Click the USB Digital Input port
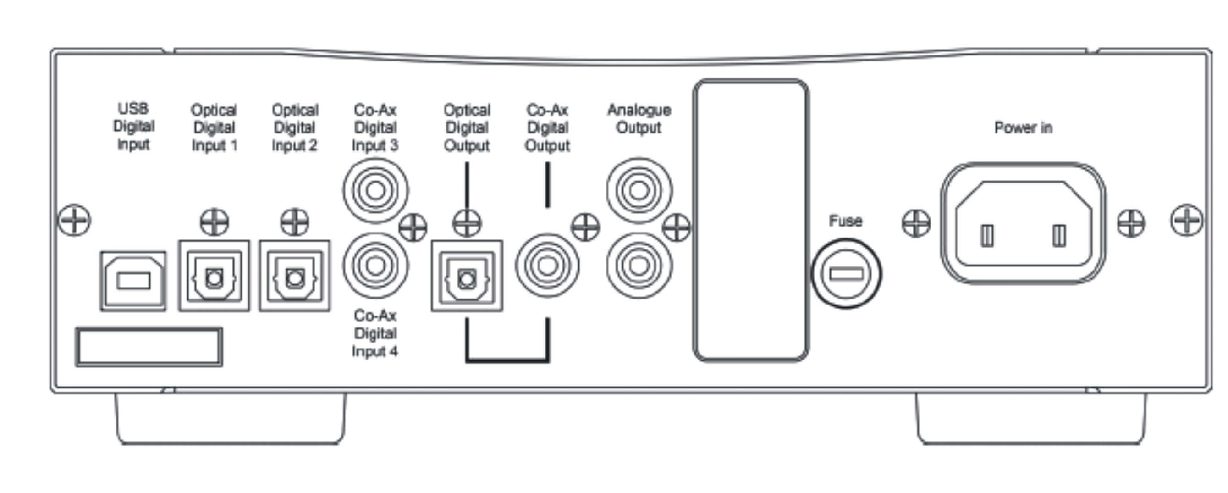click(133, 281)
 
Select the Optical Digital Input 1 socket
click(214, 277)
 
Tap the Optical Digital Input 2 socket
click(295, 277)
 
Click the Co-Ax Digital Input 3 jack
click(375, 191)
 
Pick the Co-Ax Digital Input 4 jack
click(375, 266)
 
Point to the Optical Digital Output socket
click(467, 277)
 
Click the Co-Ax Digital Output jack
click(547, 266)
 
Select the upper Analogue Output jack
click(639, 191)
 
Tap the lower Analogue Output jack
click(639, 266)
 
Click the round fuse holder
click(846, 274)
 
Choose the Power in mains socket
click(1023, 223)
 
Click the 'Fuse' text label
click(846, 221)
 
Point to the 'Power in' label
click(1023, 128)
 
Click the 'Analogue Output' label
click(639, 119)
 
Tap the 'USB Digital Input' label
click(133, 127)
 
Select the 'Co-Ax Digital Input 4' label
click(375, 333)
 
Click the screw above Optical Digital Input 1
click(214, 222)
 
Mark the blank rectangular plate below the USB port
click(149, 347)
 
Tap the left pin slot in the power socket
click(987, 236)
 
